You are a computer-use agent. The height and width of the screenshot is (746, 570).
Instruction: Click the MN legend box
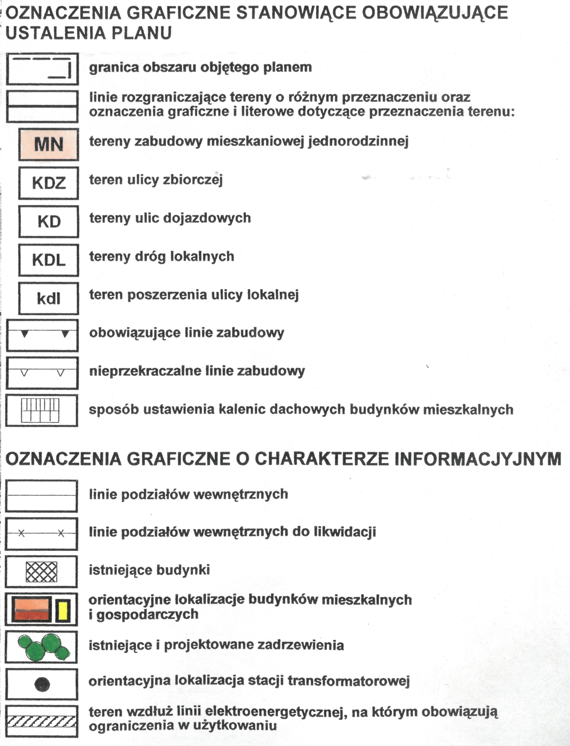coord(48,144)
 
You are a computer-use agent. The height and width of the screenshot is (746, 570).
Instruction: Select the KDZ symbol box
coord(48,183)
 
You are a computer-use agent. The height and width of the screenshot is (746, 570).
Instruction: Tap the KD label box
coord(48,221)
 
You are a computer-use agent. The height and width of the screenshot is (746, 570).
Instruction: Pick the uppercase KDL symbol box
coord(48,260)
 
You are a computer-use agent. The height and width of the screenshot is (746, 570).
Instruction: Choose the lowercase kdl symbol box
coord(48,298)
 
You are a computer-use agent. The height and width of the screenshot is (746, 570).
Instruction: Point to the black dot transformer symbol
coord(42,684)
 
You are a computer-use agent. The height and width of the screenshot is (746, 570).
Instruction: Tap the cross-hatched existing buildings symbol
coord(41,572)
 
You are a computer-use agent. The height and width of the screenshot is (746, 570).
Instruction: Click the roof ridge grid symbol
coord(40,410)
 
